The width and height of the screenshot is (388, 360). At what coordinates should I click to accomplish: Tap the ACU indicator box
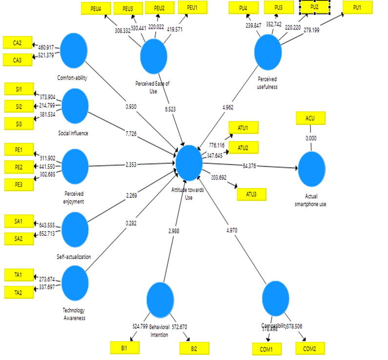[310, 118]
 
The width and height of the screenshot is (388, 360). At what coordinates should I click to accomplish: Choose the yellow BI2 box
[194, 348]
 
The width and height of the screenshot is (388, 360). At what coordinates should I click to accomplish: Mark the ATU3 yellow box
[252, 194]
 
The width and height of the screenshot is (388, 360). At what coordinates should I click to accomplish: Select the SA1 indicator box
[18, 221]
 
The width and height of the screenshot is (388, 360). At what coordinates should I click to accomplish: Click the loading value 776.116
[216, 145]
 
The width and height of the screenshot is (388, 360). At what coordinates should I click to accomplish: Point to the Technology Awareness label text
[74, 314]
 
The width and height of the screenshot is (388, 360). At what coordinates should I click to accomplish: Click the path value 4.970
[231, 230]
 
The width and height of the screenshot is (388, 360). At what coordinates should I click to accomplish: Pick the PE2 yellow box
[18, 166]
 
